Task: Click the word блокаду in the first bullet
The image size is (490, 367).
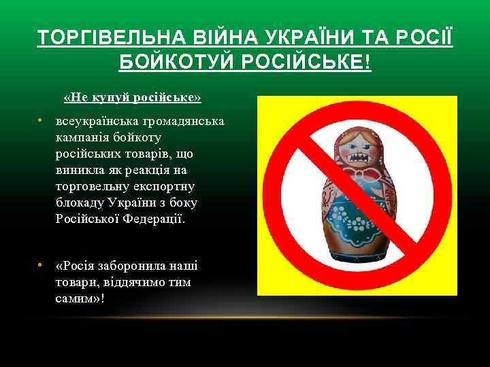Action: coord(80,203)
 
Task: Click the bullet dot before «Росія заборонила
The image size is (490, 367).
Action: coord(41,266)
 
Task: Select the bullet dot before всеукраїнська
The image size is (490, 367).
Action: coord(41,122)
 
